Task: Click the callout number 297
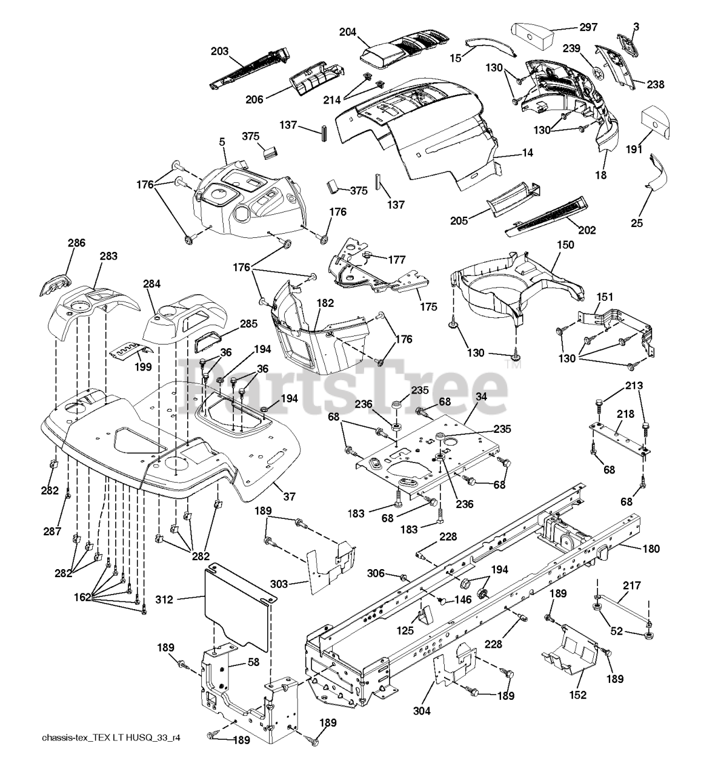(x=588, y=27)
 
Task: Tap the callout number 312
(x=164, y=600)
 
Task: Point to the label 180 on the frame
(x=651, y=549)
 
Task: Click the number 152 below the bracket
(x=578, y=694)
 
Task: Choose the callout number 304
(x=422, y=711)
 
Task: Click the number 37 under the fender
(x=289, y=496)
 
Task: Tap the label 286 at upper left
(x=76, y=243)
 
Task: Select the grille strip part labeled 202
(x=545, y=214)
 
